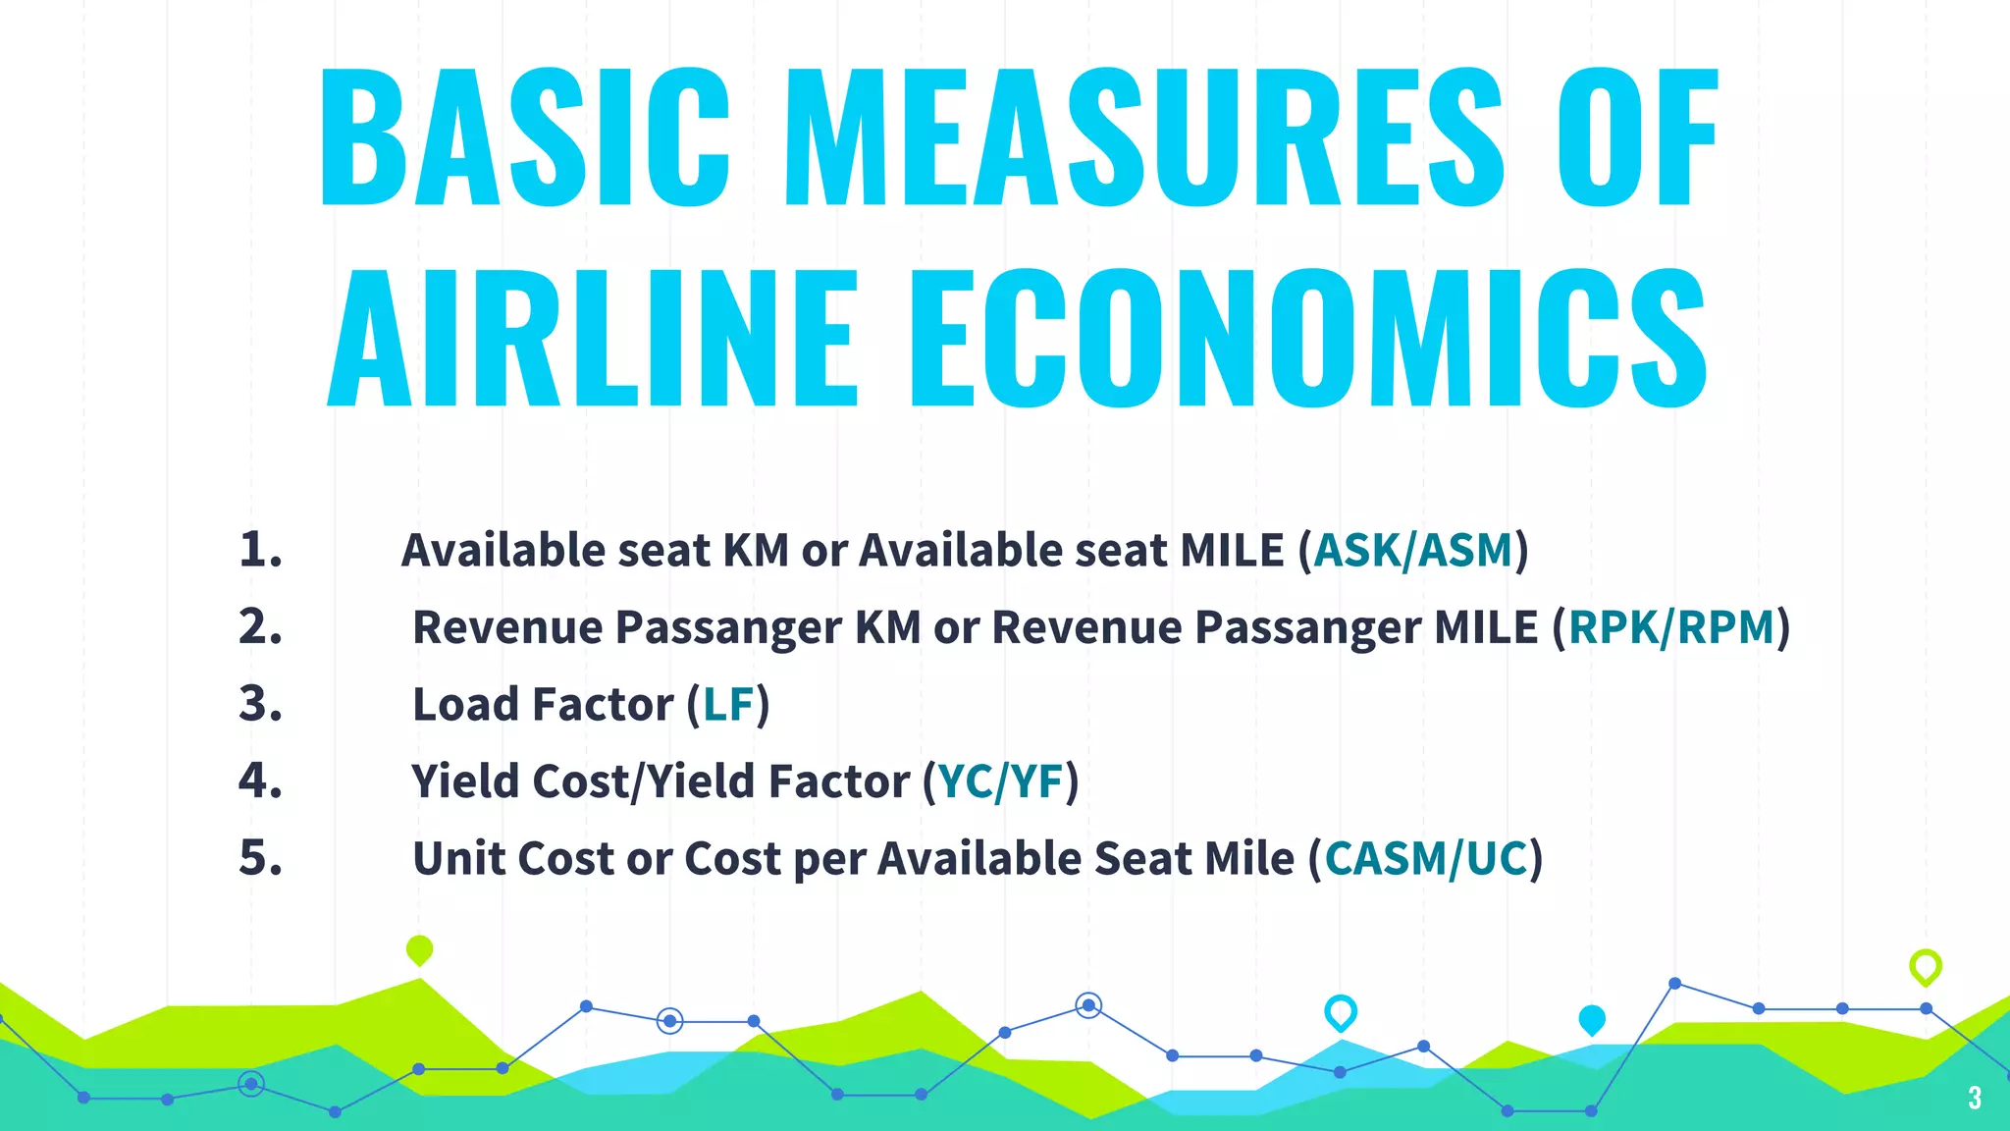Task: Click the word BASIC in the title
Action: pos(525,137)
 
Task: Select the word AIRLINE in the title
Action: pos(593,339)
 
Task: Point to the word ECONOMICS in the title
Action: pos(1308,339)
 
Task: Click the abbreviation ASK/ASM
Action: pos(1413,551)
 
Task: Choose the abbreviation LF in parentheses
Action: pos(728,705)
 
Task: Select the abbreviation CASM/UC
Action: pos(1425,859)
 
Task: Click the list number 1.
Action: pos(260,550)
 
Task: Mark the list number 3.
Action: pos(260,704)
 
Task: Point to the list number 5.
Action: pos(260,858)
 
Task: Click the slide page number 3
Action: pos(1975,1098)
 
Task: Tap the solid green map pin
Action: pos(419,949)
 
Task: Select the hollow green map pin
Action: pos(1926,967)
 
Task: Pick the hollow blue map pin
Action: pos(1341,1012)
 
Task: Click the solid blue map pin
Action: pos(1592,1020)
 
